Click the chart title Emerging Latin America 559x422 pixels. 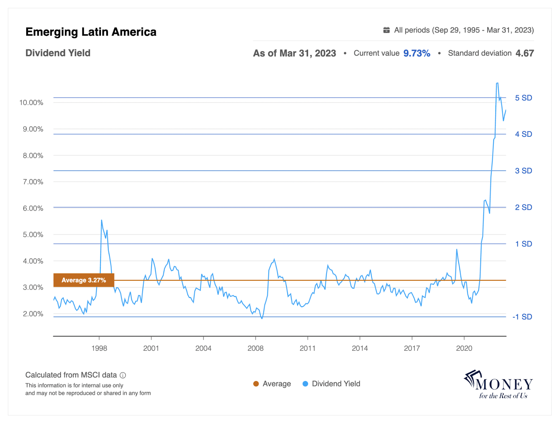click(x=91, y=32)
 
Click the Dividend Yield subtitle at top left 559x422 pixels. click(x=58, y=53)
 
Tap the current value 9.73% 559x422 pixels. click(x=416, y=53)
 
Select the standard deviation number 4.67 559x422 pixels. click(x=524, y=53)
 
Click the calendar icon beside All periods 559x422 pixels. click(x=386, y=30)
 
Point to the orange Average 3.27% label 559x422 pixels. click(x=84, y=280)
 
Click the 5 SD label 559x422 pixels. click(x=523, y=98)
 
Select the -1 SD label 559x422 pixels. click(x=522, y=317)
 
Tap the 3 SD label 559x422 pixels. click(x=523, y=171)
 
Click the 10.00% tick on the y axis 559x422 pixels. click(x=31, y=102)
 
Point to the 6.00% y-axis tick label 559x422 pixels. click(x=33, y=208)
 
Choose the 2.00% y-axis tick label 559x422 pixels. click(x=33, y=314)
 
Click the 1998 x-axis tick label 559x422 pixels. click(x=99, y=348)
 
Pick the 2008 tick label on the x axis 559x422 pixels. click(x=255, y=348)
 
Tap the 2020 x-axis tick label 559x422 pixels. click(x=464, y=348)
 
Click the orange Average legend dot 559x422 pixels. click(x=256, y=384)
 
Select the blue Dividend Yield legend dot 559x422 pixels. click(x=305, y=384)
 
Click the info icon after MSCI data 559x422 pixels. click(x=123, y=375)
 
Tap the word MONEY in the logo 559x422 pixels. click(x=504, y=385)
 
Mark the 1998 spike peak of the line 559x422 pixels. click(x=102, y=220)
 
